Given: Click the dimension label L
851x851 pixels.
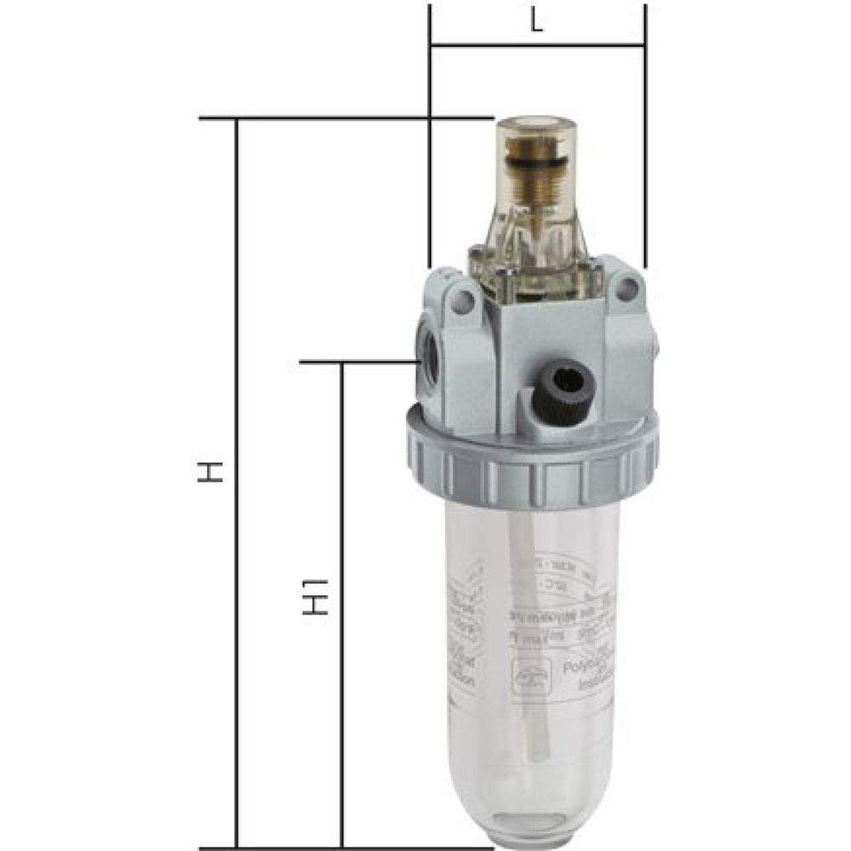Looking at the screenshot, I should [x=537, y=24].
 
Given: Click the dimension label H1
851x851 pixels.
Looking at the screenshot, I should [x=316, y=597].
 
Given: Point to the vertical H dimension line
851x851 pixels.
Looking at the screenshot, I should [x=237, y=477].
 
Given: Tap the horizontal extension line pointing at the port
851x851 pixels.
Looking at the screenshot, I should [x=357, y=363].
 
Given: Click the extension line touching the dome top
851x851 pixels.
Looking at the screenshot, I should [x=340, y=118].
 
